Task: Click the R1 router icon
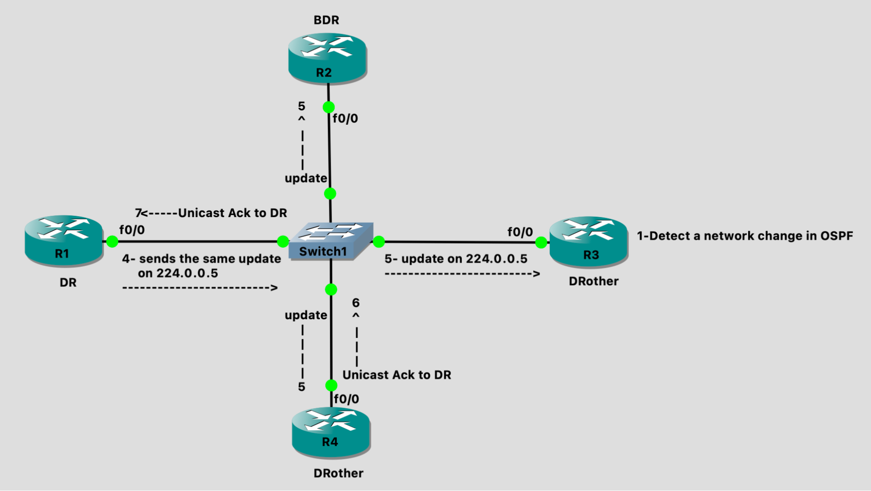[64, 240]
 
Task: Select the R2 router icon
[327, 58]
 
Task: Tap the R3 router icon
[589, 242]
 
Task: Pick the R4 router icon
[331, 432]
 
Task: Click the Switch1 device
[330, 242]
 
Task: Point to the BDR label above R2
[326, 20]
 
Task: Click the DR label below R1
[68, 283]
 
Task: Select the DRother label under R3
[593, 281]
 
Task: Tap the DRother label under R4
[338, 473]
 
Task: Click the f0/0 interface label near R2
[345, 119]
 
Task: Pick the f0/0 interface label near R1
[132, 230]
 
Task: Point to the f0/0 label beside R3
[520, 232]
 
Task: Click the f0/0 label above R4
[346, 399]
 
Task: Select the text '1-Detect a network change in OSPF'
[745, 236]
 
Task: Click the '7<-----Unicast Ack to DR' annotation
[211, 213]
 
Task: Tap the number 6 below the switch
[356, 303]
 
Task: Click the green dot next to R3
[541, 242]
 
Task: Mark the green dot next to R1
[112, 241]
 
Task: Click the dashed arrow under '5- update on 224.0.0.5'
[462, 274]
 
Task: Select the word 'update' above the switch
[306, 178]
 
